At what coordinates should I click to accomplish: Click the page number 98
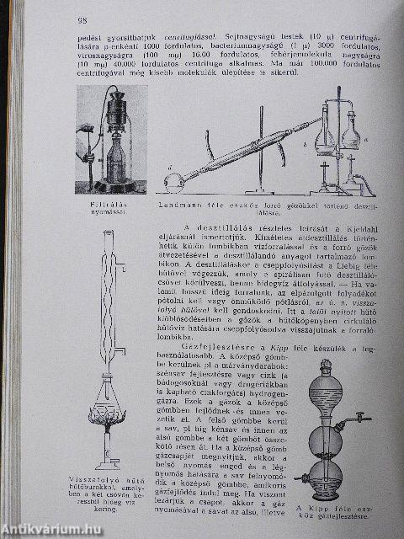(x=82, y=20)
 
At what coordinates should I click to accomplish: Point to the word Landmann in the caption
(x=175, y=205)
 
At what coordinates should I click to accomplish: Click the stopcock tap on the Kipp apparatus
(x=359, y=418)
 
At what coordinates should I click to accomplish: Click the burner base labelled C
(x=108, y=462)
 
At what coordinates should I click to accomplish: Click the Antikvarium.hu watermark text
(x=52, y=530)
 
